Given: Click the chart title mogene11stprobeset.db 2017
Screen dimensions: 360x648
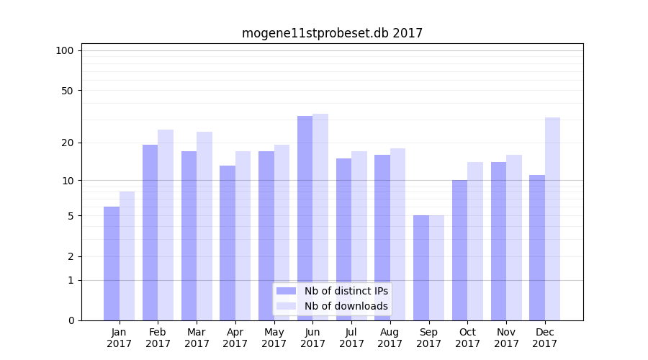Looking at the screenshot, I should [x=332, y=33].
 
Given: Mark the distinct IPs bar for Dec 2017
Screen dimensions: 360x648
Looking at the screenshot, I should [x=537, y=248].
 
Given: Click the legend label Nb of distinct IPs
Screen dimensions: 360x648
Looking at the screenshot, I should [x=346, y=291].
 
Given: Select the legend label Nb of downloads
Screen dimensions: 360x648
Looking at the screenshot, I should [x=346, y=306].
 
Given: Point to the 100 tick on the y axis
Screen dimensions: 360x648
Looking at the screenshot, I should [x=65, y=50].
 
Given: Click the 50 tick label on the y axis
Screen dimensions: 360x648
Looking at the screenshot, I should [x=68, y=91].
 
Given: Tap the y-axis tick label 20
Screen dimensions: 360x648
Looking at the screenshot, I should [x=68, y=143].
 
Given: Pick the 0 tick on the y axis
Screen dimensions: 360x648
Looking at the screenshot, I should [x=71, y=320].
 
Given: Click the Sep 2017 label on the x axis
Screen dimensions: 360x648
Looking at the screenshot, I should [x=428, y=338].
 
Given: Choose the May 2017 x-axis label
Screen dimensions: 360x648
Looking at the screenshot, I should [x=274, y=338].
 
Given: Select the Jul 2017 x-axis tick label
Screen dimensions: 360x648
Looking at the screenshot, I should [x=351, y=338].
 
